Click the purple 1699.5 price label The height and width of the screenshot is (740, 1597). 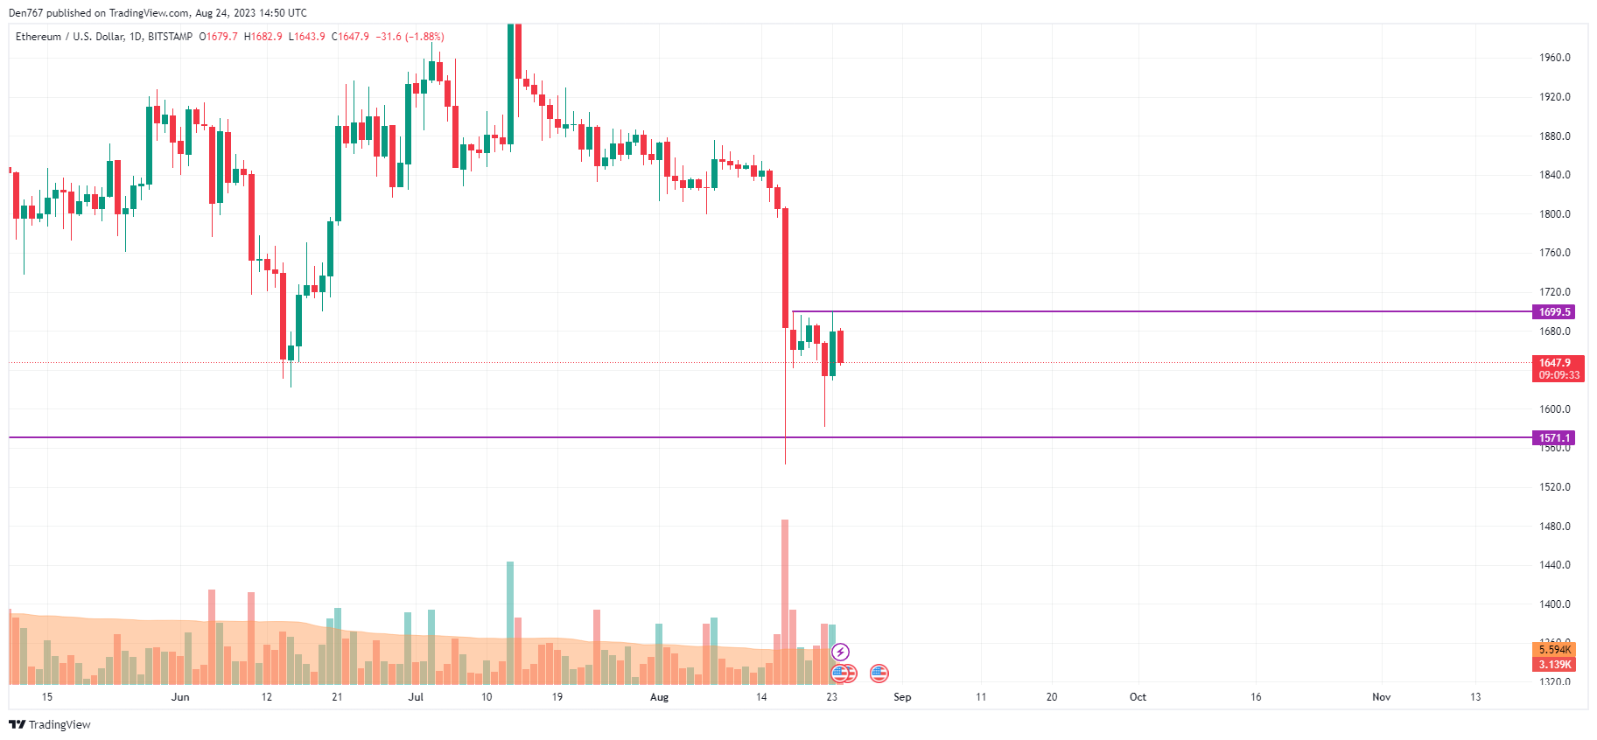(x=1554, y=312)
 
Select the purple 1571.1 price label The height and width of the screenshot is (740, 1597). (x=1554, y=438)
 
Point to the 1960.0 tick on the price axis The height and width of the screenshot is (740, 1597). (x=1555, y=58)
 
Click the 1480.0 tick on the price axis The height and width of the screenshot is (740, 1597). (x=1555, y=527)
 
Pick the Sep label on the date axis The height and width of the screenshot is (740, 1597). (x=902, y=697)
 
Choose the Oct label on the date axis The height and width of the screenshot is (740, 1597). (x=1138, y=697)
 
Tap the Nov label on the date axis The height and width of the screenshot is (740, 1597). (x=1381, y=697)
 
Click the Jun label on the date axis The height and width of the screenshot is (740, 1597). (x=180, y=697)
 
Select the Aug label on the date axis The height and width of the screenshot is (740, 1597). (x=659, y=697)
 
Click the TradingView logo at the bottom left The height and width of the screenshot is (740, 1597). (x=50, y=725)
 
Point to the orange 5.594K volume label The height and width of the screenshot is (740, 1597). (x=1555, y=650)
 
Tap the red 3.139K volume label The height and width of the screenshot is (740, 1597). (x=1555, y=665)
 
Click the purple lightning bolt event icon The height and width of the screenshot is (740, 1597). (x=840, y=652)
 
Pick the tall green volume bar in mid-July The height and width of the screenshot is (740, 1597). (x=510, y=623)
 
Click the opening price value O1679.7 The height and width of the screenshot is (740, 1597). (x=218, y=37)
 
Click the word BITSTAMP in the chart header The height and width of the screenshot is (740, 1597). (x=171, y=37)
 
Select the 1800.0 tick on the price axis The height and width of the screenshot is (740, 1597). (x=1555, y=214)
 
